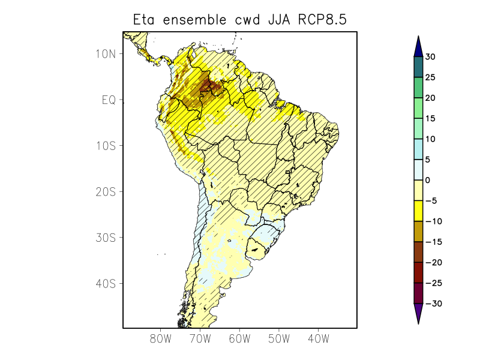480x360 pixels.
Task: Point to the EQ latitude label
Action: [109, 100]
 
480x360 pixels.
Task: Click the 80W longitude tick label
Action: [161, 338]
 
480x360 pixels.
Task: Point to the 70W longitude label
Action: [200, 338]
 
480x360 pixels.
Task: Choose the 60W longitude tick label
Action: [239, 338]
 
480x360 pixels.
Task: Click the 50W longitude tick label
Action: [278, 338]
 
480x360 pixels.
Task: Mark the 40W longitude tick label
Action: [318, 338]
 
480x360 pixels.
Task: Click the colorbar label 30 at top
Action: [430, 57]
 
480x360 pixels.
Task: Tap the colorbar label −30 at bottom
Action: [433, 304]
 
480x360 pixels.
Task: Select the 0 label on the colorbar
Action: [428, 180]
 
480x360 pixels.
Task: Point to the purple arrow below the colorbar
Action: [418, 313]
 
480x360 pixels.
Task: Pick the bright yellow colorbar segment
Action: [418, 211]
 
